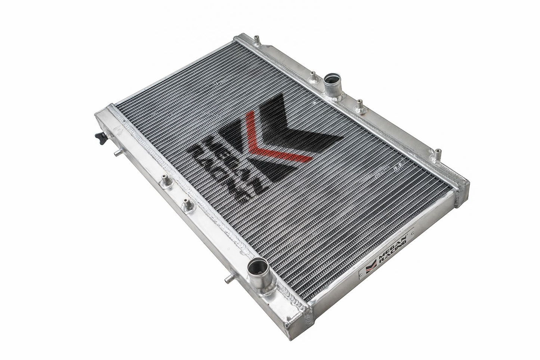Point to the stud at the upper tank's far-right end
[x=436, y=152]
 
